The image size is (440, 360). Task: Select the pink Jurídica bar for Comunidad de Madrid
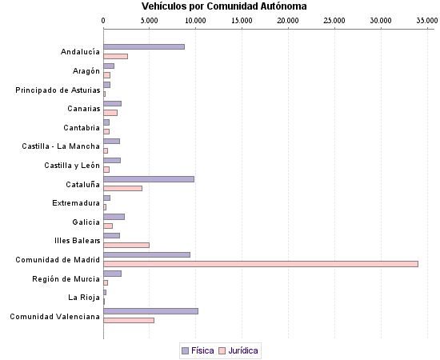coord(261,263)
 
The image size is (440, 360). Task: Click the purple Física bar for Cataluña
coord(149,178)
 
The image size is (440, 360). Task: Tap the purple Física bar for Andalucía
coord(144,46)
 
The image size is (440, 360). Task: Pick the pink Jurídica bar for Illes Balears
coord(126,245)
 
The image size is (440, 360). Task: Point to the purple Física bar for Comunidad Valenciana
coord(150,310)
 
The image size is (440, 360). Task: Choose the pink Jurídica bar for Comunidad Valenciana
coord(129,320)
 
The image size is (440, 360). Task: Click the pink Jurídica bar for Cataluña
coord(122,188)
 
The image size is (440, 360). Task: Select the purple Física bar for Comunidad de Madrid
coord(146,254)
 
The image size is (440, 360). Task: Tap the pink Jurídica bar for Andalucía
coord(115,56)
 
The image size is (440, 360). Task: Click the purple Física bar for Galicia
coord(114,216)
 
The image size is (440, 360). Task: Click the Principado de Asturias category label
coord(58,90)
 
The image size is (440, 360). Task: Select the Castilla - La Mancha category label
coord(61,146)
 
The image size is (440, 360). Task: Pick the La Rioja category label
coord(84,298)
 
